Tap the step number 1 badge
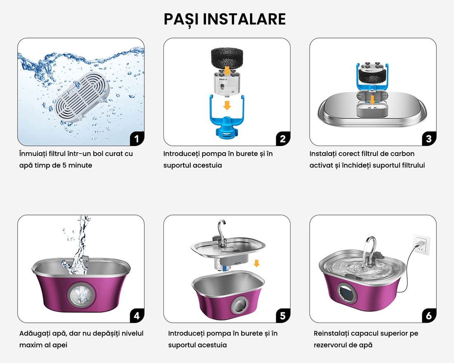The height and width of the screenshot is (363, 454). [x=137, y=139]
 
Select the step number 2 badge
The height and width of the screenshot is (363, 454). [x=283, y=139]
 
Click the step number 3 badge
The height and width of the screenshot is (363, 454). [x=429, y=139]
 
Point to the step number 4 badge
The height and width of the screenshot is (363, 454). [x=137, y=316]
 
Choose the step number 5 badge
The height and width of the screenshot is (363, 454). [x=283, y=316]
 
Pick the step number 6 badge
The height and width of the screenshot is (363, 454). [x=429, y=316]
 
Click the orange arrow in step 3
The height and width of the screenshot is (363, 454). [x=372, y=100]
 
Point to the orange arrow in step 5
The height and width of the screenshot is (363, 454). [x=257, y=263]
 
